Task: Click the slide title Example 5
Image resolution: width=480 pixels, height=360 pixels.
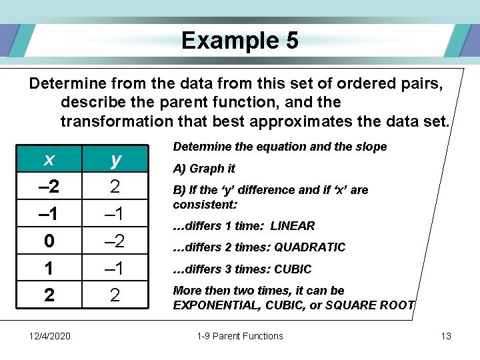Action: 240,41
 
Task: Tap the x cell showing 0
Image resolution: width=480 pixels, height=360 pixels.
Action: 49,240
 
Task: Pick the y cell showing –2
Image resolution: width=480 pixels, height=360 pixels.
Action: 116,240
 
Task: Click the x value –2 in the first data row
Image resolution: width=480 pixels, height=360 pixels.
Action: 49,186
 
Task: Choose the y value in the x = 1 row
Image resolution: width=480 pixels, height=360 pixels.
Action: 116,267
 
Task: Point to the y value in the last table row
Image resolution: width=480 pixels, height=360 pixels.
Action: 116,295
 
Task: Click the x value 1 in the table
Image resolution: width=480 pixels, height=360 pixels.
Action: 49,267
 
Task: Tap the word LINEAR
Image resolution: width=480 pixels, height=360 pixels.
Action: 293,226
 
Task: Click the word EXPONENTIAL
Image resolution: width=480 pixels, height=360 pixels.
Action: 213,305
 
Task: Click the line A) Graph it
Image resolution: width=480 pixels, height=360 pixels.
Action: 204,169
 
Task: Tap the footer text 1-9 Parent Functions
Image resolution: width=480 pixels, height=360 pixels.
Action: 240,336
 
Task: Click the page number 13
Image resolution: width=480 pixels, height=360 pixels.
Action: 446,336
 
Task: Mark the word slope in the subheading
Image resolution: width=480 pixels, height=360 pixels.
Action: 371,147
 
